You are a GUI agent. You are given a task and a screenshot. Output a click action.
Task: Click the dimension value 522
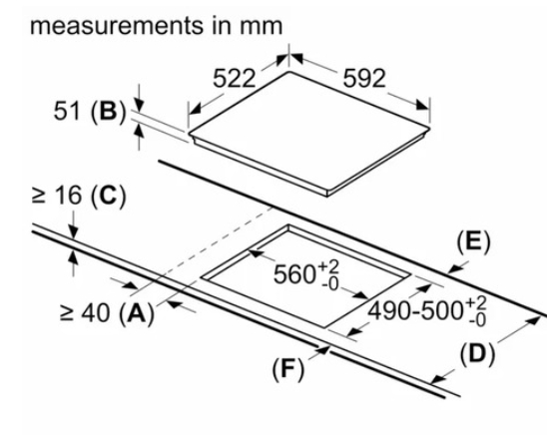tap(235, 79)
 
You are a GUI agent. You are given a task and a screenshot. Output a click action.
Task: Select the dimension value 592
tap(364, 79)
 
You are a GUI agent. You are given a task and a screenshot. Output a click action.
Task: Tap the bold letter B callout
tap(108, 111)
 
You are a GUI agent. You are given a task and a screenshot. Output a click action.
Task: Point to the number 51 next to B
tap(66, 111)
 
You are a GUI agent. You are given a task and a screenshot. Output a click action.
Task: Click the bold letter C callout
tap(108, 195)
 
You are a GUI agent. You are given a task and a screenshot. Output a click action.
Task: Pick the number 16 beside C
tap(68, 195)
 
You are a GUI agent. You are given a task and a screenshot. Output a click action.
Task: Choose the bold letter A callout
tap(137, 312)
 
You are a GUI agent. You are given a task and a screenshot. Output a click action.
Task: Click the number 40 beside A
tap(95, 312)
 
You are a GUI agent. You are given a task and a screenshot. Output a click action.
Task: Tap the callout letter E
tap(473, 241)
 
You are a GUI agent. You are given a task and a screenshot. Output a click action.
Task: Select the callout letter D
tap(477, 354)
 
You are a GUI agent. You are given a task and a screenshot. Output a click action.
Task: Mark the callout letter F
tap(287, 368)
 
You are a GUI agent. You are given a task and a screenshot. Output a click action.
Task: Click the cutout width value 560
tap(294, 274)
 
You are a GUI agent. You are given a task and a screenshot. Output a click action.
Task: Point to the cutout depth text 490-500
tap(416, 311)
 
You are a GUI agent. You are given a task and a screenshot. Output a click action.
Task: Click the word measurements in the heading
tap(117, 26)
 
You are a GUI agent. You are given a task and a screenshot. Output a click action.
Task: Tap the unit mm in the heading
tap(261, 27)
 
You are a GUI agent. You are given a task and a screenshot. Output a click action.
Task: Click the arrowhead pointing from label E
tap(453, 268)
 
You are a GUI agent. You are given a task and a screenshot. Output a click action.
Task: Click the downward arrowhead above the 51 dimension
tap(139, 104)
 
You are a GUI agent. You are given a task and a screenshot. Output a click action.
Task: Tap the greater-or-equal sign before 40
tap(66, 313)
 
